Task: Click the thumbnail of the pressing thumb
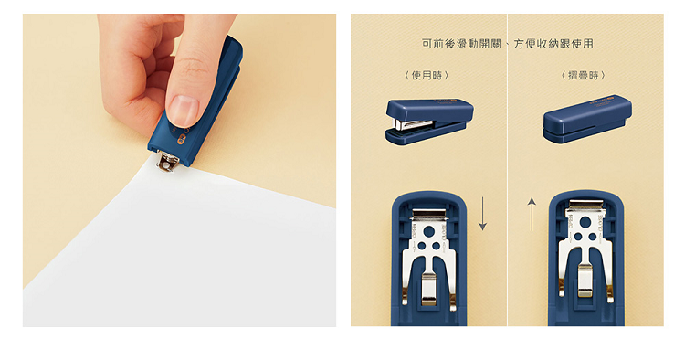[x=184, y=110]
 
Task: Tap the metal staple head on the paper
[x=168, y=161]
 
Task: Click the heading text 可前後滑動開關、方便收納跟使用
[x=507, y=44]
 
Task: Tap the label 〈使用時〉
[x=427, y=76]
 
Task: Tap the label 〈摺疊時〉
[x=584, y=76]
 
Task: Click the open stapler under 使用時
[x=429, y=121]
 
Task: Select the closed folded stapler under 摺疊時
[x=587, y=119]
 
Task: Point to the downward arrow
[x=482, y=214]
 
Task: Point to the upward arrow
[x=532, y=214]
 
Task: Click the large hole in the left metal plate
[x=429, y=231]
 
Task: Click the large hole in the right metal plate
[x=585, y=222]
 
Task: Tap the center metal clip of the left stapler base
[x=429, y=289]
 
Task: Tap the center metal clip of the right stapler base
[x=585, y=281]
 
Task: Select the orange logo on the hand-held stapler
[x=181, y=140]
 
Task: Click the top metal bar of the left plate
[x=429, y=213]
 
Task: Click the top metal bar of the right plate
[x=585, y=204]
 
